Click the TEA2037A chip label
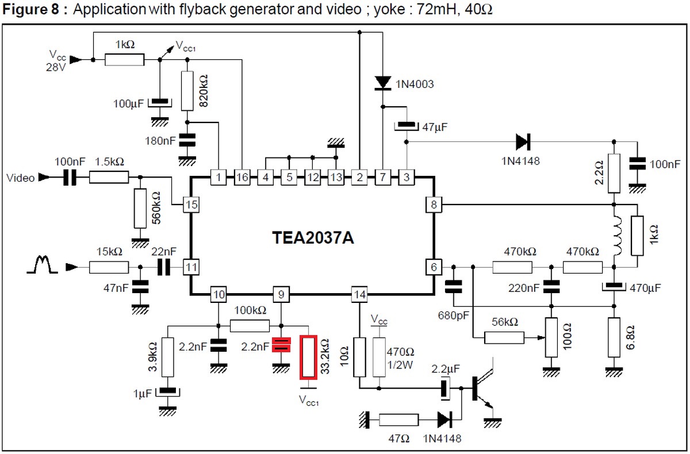(313, 236)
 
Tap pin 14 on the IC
(359, 295)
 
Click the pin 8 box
(433, 203)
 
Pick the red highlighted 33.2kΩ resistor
(309, 358)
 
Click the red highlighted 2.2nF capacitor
(281, 345)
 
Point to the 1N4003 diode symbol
(383, 83)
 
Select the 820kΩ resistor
(187, 91)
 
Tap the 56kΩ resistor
(504, 337)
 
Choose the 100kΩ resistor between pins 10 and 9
(250, 326)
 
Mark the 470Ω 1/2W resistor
(379, 357)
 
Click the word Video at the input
(21, 178)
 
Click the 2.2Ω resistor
(614, 173)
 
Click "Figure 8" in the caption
(28, 10)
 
